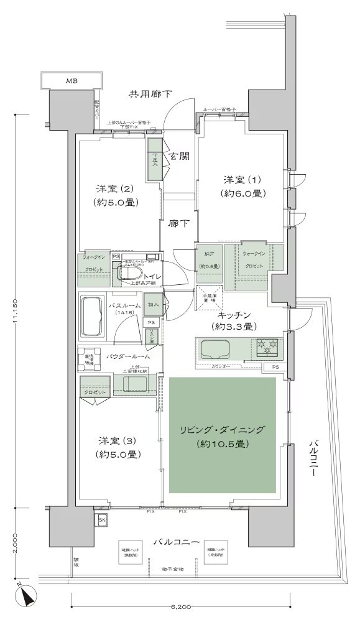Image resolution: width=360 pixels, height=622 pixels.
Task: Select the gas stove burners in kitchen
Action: click(x=266, y=347)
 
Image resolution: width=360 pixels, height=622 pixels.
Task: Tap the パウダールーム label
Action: click(x=128, y=356)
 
